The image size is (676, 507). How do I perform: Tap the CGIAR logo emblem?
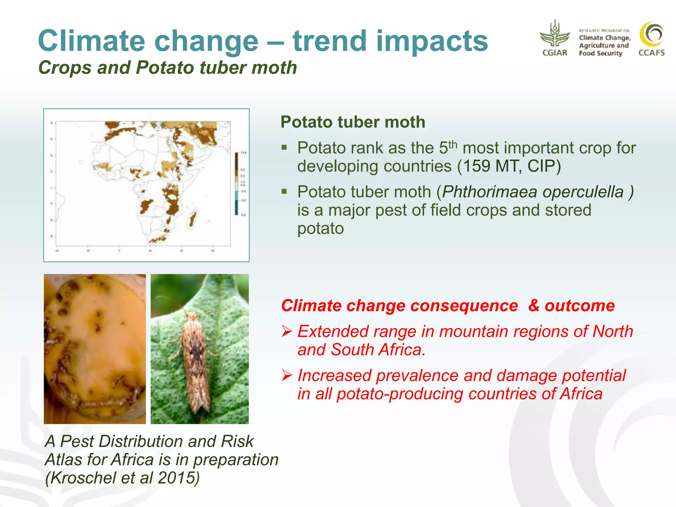pos(555,35)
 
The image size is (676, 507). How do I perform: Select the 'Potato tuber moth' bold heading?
pos(353,122)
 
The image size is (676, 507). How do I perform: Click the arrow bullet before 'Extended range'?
pos(287,331)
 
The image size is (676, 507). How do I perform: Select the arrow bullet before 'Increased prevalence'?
pos(287,375)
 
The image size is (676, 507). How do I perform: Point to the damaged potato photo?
pos(95,349)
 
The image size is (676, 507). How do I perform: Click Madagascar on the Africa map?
pos(192,218)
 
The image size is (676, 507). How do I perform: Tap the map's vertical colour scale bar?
pos(236,184)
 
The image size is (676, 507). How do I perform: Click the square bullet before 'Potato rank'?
pos(284,147)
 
